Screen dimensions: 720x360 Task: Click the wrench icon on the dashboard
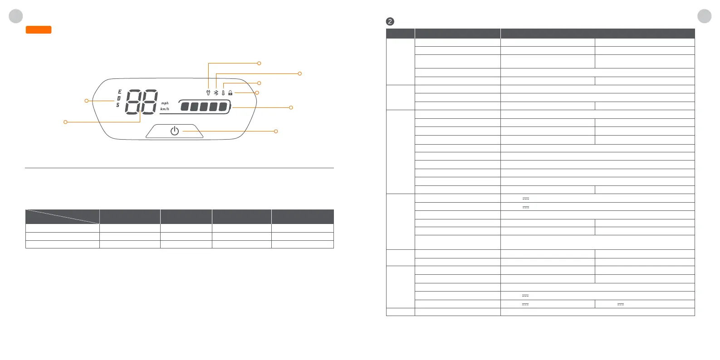[208, 92]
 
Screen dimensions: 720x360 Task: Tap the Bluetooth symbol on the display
[216, 92]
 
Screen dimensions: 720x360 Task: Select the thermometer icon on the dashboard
[223, 92]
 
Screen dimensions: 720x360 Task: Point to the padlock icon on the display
[230, 92]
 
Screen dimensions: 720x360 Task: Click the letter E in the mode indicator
[120, 92]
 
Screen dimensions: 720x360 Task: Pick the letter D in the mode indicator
[119, 98]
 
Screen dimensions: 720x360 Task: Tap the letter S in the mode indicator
[118, 105]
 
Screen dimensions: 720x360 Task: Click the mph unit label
[165, 103]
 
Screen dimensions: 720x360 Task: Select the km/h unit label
[164, 109]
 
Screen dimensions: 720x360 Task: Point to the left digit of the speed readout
[133, 102]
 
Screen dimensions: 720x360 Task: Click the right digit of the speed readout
[148, 102]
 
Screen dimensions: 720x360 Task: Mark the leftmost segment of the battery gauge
[185, 107]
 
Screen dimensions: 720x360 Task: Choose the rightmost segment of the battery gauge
[223, 107]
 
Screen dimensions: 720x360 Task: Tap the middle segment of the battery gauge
[204, 107]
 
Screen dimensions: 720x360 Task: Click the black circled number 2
[390, 21]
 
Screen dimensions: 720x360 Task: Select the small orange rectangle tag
[39, 30]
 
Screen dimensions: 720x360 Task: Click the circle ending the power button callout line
[276, 131]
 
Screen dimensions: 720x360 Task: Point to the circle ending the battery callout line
[291, 107]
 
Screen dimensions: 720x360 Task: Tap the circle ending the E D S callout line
[87, 101]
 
